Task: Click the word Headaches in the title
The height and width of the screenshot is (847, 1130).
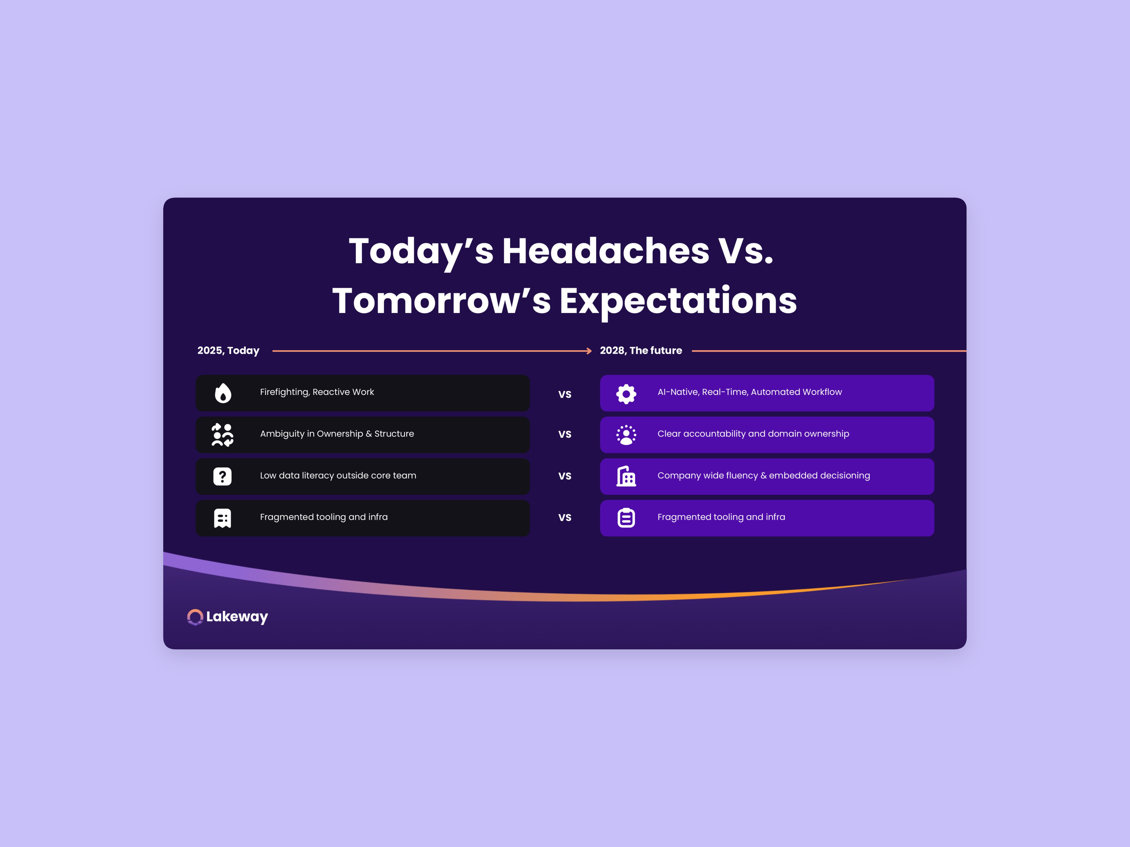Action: point(605,251)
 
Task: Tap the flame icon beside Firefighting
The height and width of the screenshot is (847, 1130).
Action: point(223,393)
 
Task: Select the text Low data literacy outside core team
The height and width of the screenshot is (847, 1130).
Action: point(338,475)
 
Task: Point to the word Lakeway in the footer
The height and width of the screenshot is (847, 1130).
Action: point(237,617)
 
